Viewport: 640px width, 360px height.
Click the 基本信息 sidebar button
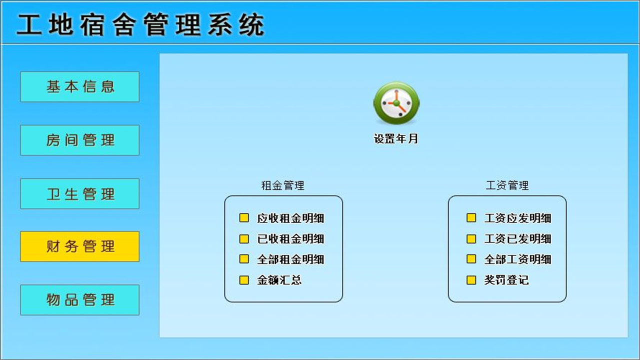point(79,86)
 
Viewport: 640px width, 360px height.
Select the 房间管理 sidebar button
point(79,140)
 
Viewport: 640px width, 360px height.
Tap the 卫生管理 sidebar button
point(79,193)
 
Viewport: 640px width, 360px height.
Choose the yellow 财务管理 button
point(79,246)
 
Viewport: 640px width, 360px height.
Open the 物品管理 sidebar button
point(79,300)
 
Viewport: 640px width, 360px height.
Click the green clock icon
point(396,103)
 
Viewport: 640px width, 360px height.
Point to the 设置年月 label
point(395,139)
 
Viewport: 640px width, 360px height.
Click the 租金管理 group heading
point(282,185)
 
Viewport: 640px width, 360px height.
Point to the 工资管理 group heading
point(507,185)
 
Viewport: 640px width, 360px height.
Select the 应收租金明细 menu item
point(290,218)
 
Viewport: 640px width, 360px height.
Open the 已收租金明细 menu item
point(290,239)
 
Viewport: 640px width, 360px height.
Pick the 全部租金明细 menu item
point(290,259)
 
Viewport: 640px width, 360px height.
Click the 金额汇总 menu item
point(279,280)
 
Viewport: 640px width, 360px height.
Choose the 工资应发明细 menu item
point(517,218)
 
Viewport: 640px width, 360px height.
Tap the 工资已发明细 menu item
point(517,239)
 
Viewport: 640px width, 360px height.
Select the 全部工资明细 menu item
point(517,259)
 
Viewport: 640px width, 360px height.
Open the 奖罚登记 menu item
point(506,280)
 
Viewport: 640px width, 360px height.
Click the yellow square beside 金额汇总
point(244,280)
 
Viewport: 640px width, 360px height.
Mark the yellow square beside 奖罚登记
point(471,280)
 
